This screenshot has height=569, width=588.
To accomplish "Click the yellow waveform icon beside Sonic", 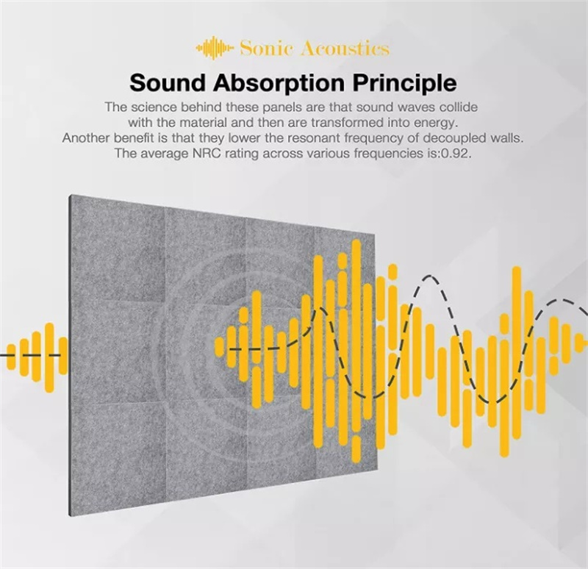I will point(215,49).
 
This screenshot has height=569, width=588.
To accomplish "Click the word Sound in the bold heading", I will point(165,80).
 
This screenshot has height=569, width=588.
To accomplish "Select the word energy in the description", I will point(440,122).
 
